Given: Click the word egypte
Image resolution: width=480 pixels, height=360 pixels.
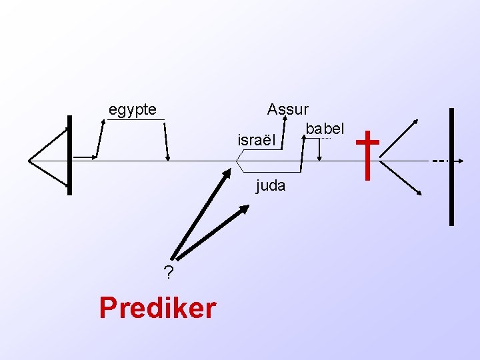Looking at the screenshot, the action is pos(133,109).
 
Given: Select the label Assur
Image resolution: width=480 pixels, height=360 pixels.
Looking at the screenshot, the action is pos(287,109).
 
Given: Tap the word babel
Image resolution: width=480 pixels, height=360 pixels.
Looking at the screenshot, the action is pos(325,127).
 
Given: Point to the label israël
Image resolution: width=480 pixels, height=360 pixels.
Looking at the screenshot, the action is pos(256,141).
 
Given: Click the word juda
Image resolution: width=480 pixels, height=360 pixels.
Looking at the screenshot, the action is pos(271,186).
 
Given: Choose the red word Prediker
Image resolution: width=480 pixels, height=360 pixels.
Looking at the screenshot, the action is pos(157,308).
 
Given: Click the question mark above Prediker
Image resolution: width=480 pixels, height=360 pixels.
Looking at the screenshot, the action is pos(169,273).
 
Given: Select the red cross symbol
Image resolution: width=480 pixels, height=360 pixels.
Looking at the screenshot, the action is pos(368,155).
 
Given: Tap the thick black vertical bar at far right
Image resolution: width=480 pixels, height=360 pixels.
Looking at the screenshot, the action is pos(452,167).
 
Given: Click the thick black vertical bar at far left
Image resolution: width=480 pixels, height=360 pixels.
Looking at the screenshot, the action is pos(69,155).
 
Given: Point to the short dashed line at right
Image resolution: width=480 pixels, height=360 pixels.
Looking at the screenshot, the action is pos(439,161).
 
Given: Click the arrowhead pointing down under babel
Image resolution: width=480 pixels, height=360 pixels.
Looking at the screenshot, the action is pos(320,159).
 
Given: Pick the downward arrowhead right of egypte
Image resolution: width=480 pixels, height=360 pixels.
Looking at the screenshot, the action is pos(168,158).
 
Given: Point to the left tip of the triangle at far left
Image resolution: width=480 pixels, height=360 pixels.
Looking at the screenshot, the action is pos(29,160).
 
